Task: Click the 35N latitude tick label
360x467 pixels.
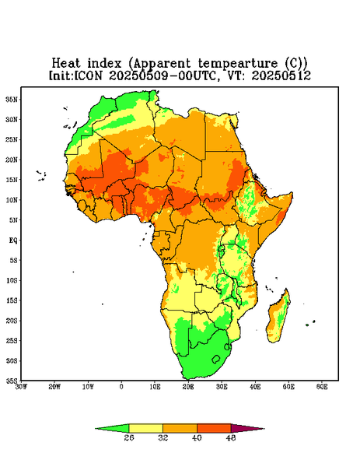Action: [x=12, y=99]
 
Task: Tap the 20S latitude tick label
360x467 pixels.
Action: [x=12, y=321]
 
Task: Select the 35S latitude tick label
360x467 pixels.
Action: [x=12, y=381]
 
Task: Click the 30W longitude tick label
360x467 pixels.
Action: [x=21, y=387]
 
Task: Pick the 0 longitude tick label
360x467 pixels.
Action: [x=121, y=387]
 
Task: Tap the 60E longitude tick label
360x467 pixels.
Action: [x=322, y=387]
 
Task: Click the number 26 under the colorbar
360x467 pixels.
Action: [x=129, y=437]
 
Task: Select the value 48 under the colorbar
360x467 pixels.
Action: [x=231, y=437]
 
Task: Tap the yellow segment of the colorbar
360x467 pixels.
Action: [x=145, y=428]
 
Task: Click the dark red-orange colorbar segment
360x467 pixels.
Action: [x=214, y=428]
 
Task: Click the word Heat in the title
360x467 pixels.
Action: [x=66, y=64]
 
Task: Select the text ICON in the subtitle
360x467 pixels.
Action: [x=88, y=75]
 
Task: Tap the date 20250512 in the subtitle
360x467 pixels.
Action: [x=281, y=75]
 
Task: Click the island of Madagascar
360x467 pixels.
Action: [x=278, y=318]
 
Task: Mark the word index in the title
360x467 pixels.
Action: [x=104, y=64]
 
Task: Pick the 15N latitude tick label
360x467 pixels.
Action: [x=12, y=180]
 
